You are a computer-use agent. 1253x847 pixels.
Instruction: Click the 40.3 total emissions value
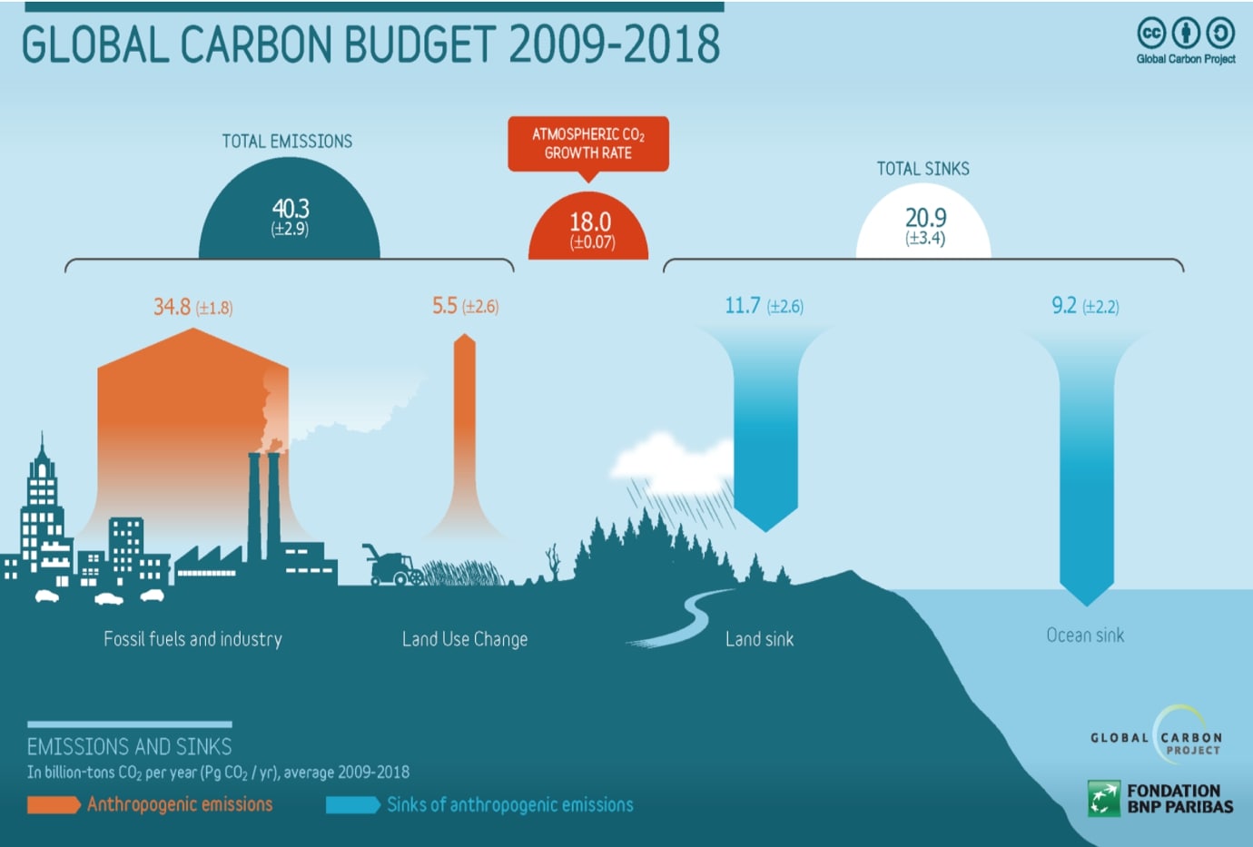click(x=290, y=209)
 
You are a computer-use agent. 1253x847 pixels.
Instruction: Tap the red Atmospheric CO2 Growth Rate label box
click(x=588, y=143)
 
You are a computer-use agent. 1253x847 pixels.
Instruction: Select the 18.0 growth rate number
click(x=589, y=222)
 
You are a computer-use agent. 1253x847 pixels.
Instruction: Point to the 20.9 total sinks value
click(x=925, y=218)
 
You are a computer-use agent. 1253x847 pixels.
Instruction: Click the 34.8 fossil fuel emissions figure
click(x=173, y=307)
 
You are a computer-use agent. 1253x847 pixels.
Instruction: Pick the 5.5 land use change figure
click(x=445, y=306)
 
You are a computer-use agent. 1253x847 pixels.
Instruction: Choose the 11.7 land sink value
click(x=743, y=306)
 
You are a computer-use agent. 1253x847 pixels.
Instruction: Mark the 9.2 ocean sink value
click(x=1064, y=306)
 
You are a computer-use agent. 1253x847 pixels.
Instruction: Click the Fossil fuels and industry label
click(x=192, y=639)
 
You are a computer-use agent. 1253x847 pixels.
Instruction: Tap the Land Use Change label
click(x=465, y=639)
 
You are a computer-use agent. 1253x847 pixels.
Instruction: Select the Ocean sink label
click(x=1085, y=635)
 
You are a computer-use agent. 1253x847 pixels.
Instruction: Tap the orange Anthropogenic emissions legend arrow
click(x=54, y=805)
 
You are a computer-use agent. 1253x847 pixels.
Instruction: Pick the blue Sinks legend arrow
click(x=352, y=805)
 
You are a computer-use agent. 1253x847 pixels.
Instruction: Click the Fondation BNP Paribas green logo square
click(x=1104, y=799)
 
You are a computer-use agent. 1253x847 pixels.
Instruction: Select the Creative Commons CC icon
click(x=1151, y=34)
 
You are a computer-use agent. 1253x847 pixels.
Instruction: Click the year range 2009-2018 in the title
click(x=615, y=44)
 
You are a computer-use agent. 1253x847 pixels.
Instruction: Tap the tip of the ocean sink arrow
click(x=1087, y=602)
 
